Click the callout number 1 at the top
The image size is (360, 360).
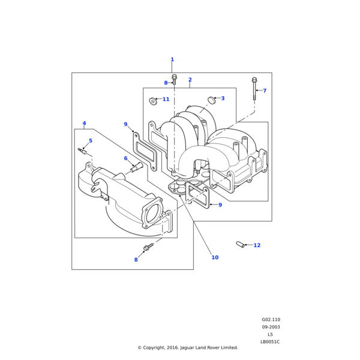(172, 59)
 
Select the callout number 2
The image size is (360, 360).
(190, 80)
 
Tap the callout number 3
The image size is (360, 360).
(223, 98)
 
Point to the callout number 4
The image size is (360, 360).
(84, 123)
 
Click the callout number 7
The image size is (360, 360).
(265, 91)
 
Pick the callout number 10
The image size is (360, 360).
(215, 257)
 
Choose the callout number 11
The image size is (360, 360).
(166, 99)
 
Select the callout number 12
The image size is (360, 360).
(257, 245)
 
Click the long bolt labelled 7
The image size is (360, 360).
(254, 89)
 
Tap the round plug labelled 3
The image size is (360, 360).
(212, 100)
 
